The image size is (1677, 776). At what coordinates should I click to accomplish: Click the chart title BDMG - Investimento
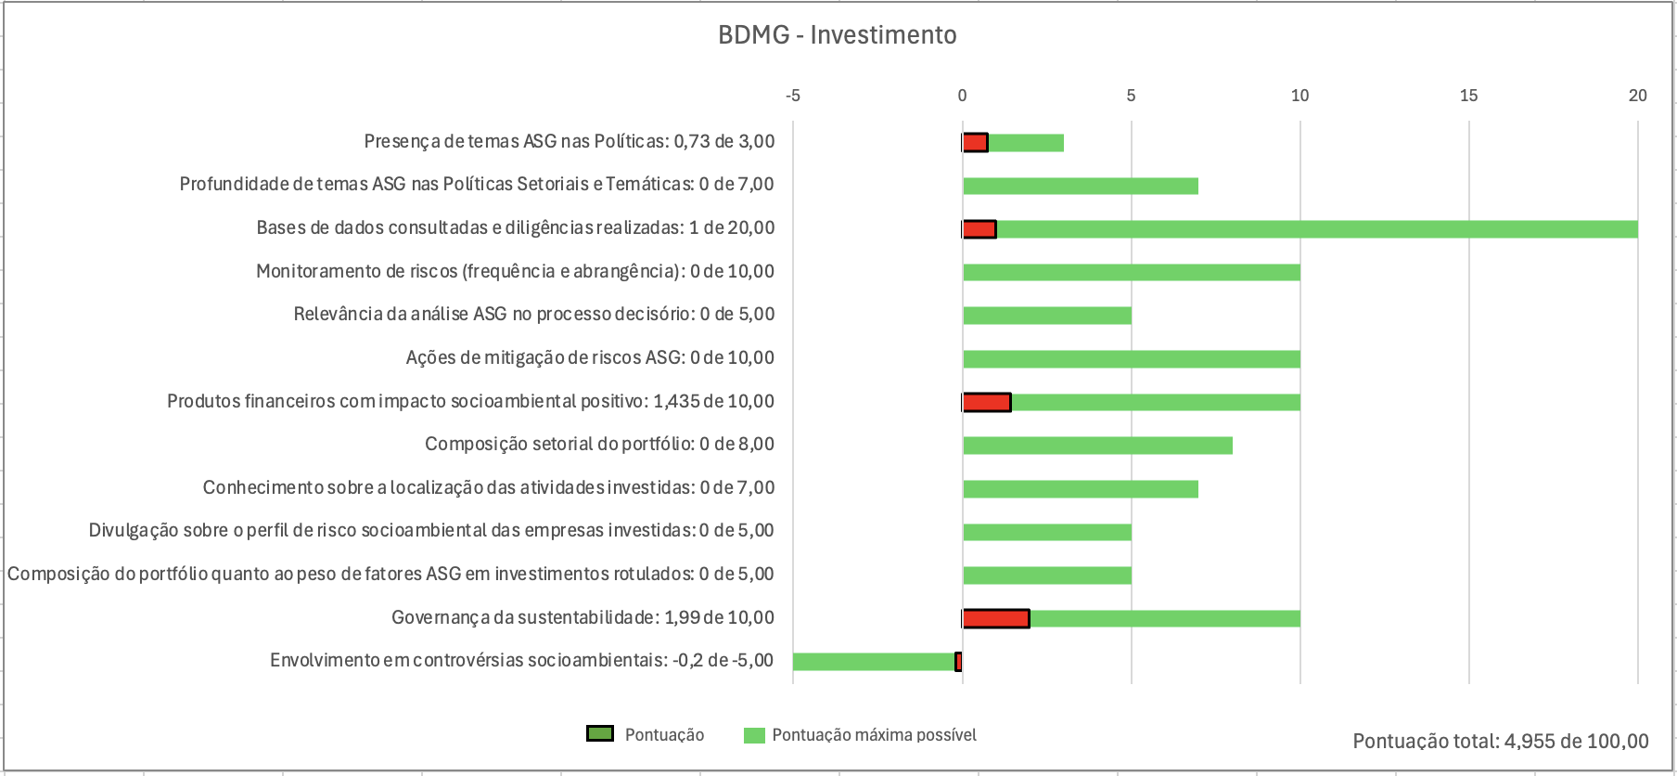[837, 35]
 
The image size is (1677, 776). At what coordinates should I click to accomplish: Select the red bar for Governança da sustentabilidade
[996, 618]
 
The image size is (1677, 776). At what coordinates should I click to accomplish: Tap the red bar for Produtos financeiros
[987, 402]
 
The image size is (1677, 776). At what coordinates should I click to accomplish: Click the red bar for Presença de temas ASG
[975, 143]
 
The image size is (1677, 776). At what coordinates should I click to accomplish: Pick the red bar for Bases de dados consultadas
[979, 229]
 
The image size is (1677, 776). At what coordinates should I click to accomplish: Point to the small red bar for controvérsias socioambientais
[958, 662]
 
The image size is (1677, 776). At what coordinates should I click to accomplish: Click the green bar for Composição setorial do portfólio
[1097, 446]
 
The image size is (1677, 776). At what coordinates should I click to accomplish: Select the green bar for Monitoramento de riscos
[1131, 272]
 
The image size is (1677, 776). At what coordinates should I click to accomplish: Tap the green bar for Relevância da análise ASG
[1046, 316]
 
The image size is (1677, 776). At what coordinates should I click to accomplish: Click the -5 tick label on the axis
[792, 96]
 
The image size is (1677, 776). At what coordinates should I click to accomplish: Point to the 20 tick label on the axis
[1637, 96]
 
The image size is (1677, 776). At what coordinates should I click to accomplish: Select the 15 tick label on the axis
[1468, 96]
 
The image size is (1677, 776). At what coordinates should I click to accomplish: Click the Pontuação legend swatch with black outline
[600, 734]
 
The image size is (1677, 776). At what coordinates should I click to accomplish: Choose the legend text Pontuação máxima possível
[874, 735]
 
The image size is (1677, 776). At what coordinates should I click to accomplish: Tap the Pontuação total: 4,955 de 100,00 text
[1500, 741]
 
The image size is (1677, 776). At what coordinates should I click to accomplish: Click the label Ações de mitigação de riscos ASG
[590, 358]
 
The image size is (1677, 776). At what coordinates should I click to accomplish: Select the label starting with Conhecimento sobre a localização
[488, 488]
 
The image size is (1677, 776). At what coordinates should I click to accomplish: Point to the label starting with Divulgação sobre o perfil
[430, 531]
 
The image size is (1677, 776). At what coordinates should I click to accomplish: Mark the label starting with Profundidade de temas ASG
[476, 185]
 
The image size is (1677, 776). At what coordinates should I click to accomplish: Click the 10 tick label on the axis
[1299, 96]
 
